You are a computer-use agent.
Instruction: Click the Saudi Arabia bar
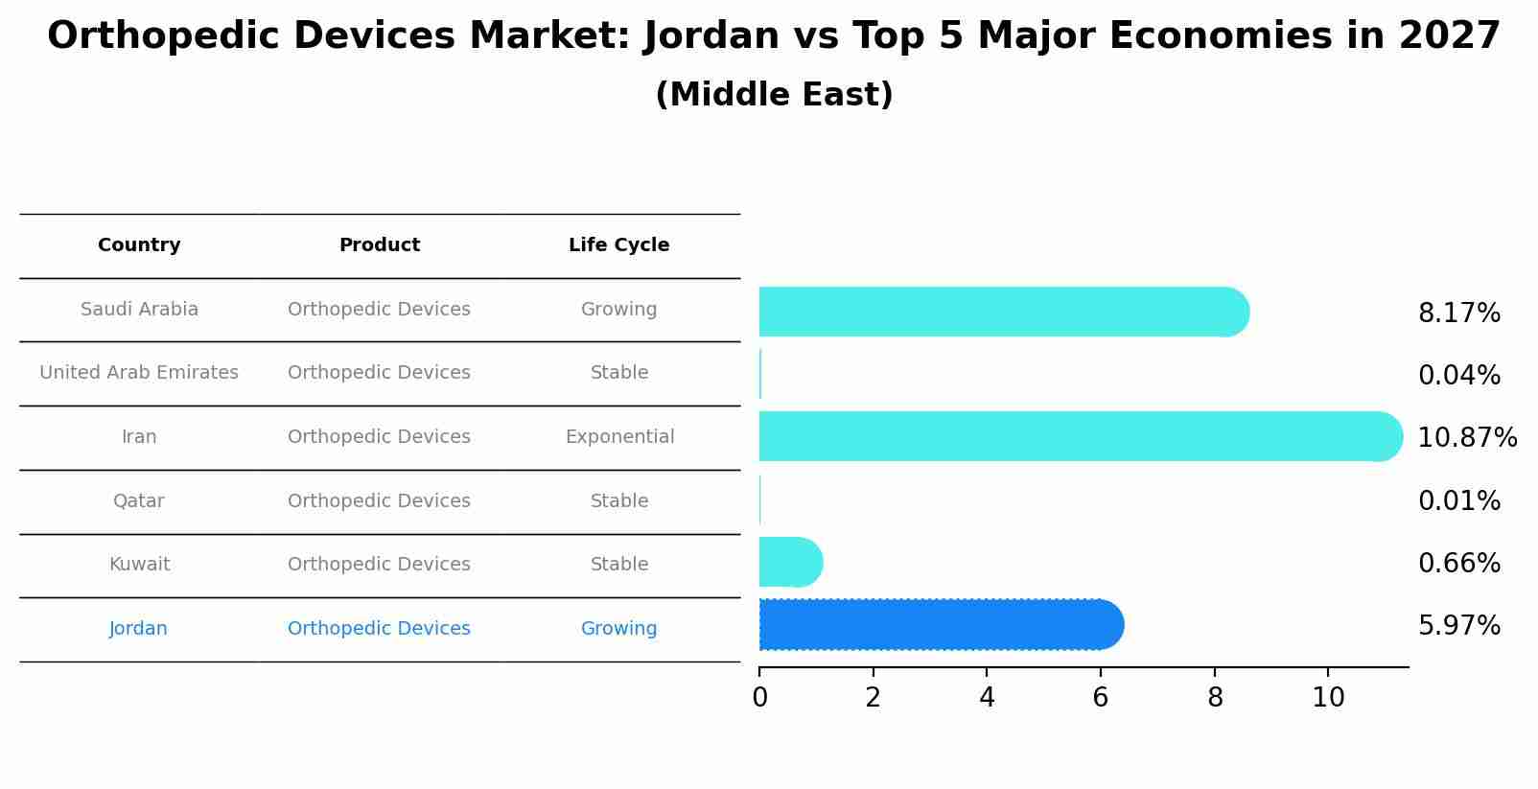pyautogui.click(x=1002, y=312)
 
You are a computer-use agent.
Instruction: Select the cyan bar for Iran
pyautogui.click(x=1079, y=436)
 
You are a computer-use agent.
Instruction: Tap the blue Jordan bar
pyautogui.click(x=940, y=625)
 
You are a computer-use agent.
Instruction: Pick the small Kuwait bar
pyautogui.click(x=789, y=562)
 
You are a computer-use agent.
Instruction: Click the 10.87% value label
pyautogui.click(x=1466, y=438)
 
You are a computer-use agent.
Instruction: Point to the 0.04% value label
pyautogui.click(x=1458, y=376)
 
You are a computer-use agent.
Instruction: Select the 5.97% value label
pyautogui.click(x=1458, y=626)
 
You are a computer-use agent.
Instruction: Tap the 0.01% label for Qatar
pyautogui.click(x=1458, y=501)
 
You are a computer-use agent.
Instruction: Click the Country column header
pyautogui.click(x=139, y=245)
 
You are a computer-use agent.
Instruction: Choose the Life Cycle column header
pyautogui.click(x=618, y=245)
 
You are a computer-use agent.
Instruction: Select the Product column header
pyautogui.click(x=379, y=245)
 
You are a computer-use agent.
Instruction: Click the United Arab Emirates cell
pyautogui.click(x=139, y=373)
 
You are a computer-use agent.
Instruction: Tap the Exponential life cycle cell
pyautogui.click(x=619, y=437)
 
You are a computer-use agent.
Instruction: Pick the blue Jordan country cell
pyautogui.click(x=138, y=629)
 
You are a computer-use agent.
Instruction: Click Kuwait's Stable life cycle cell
pyautogui.click(x=619, y=565)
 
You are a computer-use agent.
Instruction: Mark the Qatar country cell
pyautogui.click(x=138, y=501)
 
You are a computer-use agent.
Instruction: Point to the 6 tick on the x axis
pyautogui.click(x=1100, y=698)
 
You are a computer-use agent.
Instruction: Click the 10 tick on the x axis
pyautogui.click(x=1328, y=698)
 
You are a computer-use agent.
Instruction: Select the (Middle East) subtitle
pyautogui.click(x=774, y=95)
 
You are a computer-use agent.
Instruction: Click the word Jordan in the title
pyautogui.click(x=711, y=36)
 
